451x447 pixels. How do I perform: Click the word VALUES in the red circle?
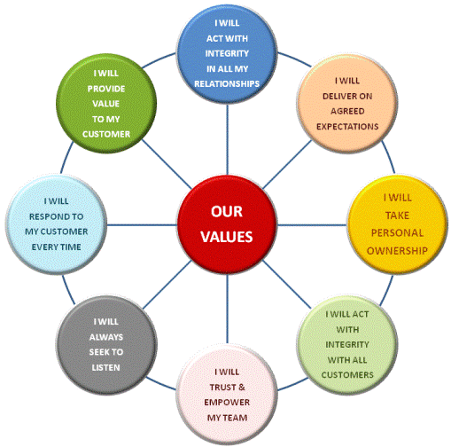coord(227,237)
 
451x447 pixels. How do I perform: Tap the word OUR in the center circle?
coord(227,211)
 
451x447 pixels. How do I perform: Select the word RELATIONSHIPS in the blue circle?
coord(227,84)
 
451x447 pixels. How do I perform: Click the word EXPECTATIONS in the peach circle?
coord(347,127)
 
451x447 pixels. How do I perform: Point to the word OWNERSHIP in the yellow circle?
coord(397,251)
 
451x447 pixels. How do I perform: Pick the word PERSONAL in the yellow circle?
coord(397,233)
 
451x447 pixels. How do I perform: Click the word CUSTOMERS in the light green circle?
coord(347,375)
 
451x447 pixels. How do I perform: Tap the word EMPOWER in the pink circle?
coord(227,403)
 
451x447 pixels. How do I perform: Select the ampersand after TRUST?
coord(242,387)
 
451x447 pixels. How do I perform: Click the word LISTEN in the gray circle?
coord(105,368)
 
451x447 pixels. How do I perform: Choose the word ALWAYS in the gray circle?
coord(106,337)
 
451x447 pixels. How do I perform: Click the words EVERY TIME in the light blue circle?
coord(56,247)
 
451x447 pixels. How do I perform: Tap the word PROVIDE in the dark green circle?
coord(106,89)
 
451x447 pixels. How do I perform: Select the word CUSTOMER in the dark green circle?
coord(106,134)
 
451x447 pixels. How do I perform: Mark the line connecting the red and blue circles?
coord(227,139)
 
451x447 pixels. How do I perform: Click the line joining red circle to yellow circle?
coord(313,225)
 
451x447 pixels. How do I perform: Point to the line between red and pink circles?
coord(227,309)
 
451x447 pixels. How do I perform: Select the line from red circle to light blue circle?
coord(142,225)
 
